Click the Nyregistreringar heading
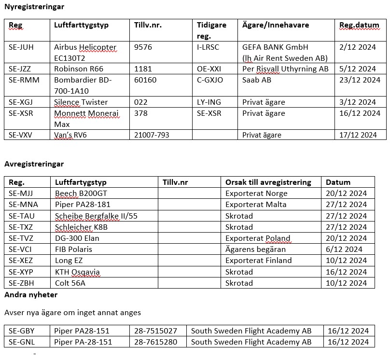click(34, 7)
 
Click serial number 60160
click(145, 80)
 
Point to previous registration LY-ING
click(209, 102)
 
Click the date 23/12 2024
click(358, 80)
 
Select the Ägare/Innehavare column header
click(276, 25)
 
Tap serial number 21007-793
click(152, 135)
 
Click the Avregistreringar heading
click(34, 164)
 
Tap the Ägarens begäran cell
click(255, 249)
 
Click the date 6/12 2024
click(344, 249)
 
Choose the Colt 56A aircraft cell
click(70, 283)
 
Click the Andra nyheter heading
click(31, 294)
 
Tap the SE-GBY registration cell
click(22, 331)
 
